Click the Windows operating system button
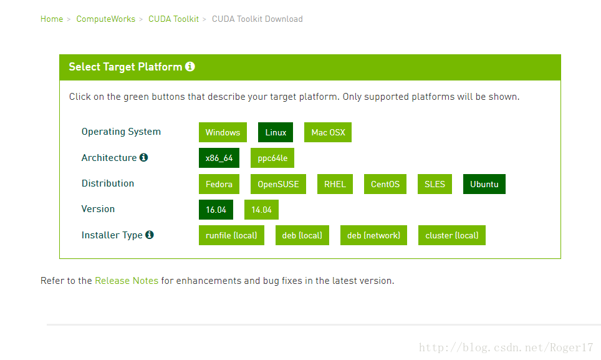(223, 132)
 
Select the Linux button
(276, 132)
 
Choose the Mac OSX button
(328, 132)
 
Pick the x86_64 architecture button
(219, 158)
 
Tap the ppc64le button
(272, 158)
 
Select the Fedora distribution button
(219, 184)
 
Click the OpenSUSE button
(278, 184)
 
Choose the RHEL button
(335, 184)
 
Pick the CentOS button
(385, 184)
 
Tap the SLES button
(435, 184)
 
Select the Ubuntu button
(484, 184)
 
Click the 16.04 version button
(216, 210)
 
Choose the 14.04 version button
(261, 210)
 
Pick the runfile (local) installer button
(231, 235)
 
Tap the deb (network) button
(373, 235)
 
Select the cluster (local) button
(452, 235)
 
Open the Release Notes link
(127, 281)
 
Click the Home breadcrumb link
(52, 19)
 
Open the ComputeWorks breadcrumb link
(106, 19)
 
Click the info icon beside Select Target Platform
(190, 67)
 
